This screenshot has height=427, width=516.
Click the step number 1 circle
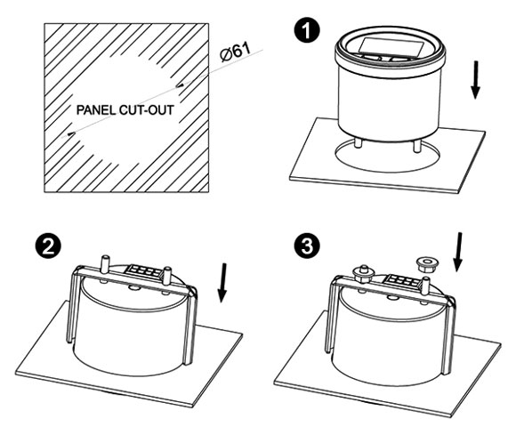[307, 31]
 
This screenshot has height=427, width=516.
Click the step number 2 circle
[48, 246]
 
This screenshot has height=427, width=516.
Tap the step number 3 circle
[307, 246]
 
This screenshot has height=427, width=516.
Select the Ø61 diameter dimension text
[235, 52]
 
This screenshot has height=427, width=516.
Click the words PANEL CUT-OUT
[125, 110]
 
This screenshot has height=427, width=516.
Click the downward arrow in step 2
[222, 283]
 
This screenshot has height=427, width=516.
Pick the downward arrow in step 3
[457, 252]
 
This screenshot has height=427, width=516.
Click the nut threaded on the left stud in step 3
[363, 274]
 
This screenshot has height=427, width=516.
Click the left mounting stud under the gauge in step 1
[359, 144]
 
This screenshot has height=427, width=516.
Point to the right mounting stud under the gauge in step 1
[417, 146]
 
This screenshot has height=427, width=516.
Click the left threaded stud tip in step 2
[106, 256]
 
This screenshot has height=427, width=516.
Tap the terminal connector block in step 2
[144, 270]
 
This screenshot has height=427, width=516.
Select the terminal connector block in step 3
[402, 279]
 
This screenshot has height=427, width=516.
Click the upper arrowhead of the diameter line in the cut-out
[181, 85]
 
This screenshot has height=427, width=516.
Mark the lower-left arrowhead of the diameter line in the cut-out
[71, 133]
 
